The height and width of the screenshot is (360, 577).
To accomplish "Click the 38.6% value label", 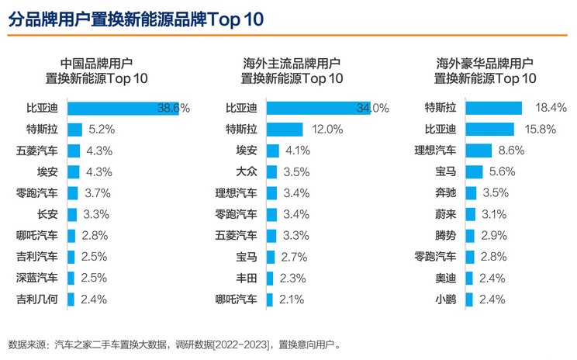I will pyautogui.click(x=174, y=108).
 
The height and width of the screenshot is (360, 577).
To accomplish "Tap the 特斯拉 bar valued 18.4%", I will pyautogui.click(x=494, y=108).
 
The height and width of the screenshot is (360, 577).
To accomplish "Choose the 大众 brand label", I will pyautogui.click(x=246, y=171).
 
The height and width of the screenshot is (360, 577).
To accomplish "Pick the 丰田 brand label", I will pyautogui.click(x=246, y=277).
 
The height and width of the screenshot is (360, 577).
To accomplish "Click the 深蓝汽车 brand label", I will pyautogui.click(x=36, y=277).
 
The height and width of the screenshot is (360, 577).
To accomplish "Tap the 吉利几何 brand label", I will pyautogui.click(x=36, y=299).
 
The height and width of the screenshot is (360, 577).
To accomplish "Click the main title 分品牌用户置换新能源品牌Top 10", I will pyautogui.click(x=136, y=19).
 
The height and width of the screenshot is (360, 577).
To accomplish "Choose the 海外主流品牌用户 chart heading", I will pyautogui.click(x=292, y=64).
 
